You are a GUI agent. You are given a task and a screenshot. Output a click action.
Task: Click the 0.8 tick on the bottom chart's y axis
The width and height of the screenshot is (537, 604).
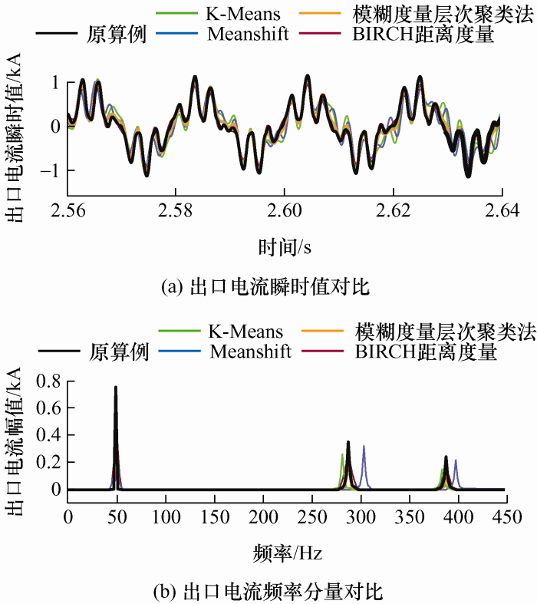[47, 381]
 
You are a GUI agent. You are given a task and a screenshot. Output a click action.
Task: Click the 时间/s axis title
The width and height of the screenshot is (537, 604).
[285, 246]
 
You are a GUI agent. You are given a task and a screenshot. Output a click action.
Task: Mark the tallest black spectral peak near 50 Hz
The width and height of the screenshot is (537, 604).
[116, 388]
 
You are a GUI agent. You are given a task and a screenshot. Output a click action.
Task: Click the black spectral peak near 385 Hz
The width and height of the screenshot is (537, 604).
[446, 458]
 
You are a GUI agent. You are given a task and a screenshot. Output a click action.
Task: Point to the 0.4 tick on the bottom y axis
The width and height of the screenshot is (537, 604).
[47, 435]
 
